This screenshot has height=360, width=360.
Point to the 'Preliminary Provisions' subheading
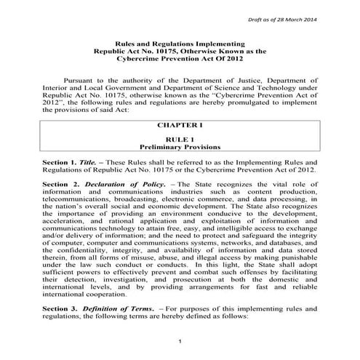(x=180, y=146)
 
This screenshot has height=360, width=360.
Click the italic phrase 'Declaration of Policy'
(x=108, y=184)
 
